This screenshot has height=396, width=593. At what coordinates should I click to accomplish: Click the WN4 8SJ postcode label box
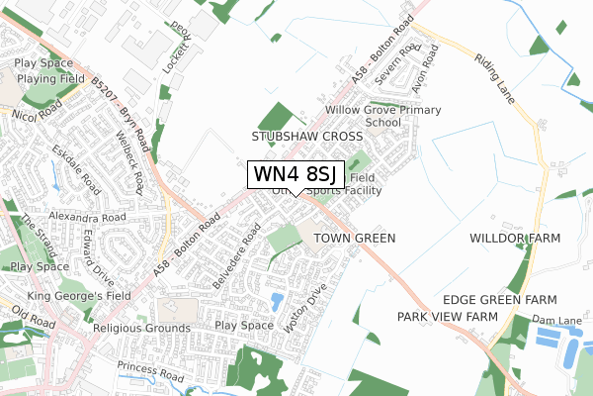click(x=296, y=174)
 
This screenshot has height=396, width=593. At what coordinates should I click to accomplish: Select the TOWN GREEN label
click(x=354, y=239)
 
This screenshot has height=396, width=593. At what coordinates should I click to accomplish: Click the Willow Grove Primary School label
click(x=388, y=117)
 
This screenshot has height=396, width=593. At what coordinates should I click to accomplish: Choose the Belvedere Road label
click(x=236, y=255)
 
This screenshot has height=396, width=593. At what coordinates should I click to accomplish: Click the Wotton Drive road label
click(x=304, y=309)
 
